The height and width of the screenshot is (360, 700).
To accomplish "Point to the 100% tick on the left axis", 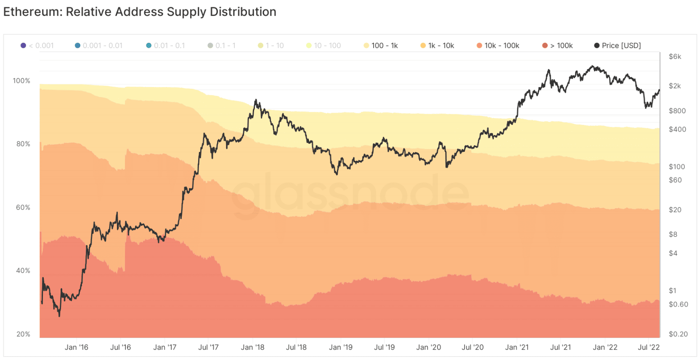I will pos(21,81).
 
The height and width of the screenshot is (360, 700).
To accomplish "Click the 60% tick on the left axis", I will pos(23,207).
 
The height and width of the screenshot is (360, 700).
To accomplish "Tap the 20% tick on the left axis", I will pos(23,334).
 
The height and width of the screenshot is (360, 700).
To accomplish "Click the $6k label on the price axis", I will pos(675,56).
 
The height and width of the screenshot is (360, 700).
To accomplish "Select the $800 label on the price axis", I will pos(677,111).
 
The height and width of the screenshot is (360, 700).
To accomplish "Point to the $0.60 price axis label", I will pos(678,304).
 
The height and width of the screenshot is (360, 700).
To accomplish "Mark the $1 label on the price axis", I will pos(673,291).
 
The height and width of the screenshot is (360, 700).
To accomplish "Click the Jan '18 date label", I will pos(252,347).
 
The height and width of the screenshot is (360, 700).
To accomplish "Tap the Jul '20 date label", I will pos(472,347).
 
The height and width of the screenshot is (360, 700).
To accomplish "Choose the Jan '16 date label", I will pos(77,347).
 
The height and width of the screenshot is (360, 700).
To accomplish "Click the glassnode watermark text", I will pos(349,193).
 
